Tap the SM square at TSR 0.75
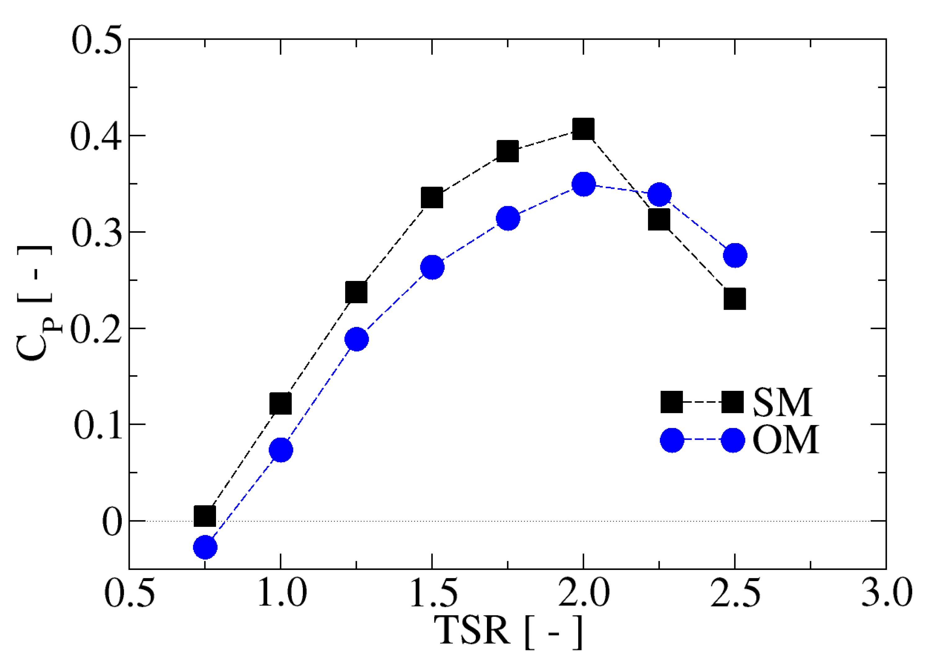pos(205,516)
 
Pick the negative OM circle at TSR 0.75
pos(205,547)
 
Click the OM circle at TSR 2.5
pos(735,255)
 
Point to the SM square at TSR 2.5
pos(735,299)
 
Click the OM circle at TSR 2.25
pos(659,195)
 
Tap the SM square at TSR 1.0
pos(281,404)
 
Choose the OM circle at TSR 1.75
pos(508,218)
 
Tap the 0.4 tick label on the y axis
pos(96,136)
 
